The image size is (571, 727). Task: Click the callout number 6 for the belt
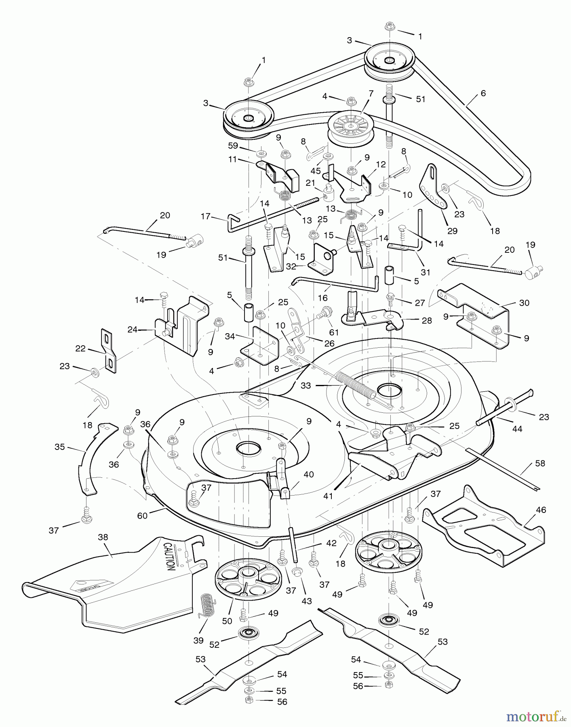pos(483,93)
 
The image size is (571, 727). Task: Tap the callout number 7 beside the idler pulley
pos(371,94)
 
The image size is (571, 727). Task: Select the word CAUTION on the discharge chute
pos(169,556)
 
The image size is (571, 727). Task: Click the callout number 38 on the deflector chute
pos(103,537)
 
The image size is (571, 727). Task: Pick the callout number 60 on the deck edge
pos(142,516)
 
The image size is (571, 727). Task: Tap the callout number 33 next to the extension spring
pos(306,386)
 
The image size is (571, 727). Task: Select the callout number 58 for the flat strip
pos(540,463)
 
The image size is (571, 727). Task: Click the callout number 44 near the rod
pos(517,429)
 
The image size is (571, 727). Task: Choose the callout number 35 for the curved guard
pos(60,447)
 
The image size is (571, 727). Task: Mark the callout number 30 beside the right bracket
pos(524,303)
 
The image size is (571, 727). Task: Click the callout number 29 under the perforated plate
pos(452,231)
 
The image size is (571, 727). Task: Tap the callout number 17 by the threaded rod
pos(206,216)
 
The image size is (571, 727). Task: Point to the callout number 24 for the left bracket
pos(133,330)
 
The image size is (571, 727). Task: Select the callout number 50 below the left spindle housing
pos(227,621)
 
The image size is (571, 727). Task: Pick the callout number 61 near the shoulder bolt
pos(334,332)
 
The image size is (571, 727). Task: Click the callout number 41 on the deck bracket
pos(328,496)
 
